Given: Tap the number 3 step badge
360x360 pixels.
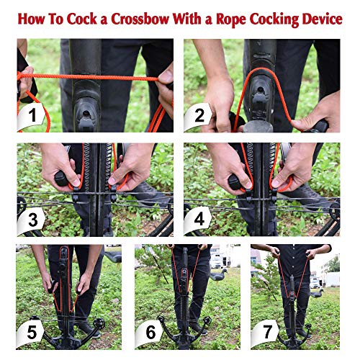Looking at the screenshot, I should click(x=32, y=220).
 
